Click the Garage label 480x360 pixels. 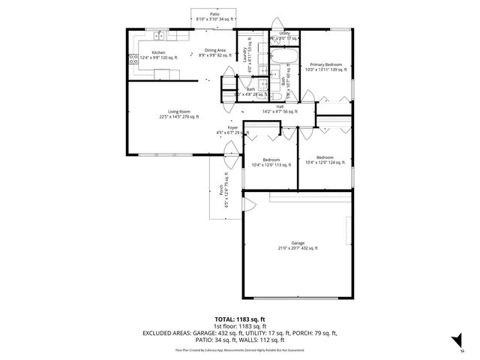tap(298, 245)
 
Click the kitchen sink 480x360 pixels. tap(160, 36)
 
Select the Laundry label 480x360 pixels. tap(245, 54)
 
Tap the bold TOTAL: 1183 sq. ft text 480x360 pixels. tap(239, 319)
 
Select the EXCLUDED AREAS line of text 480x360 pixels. tap(239, 334)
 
